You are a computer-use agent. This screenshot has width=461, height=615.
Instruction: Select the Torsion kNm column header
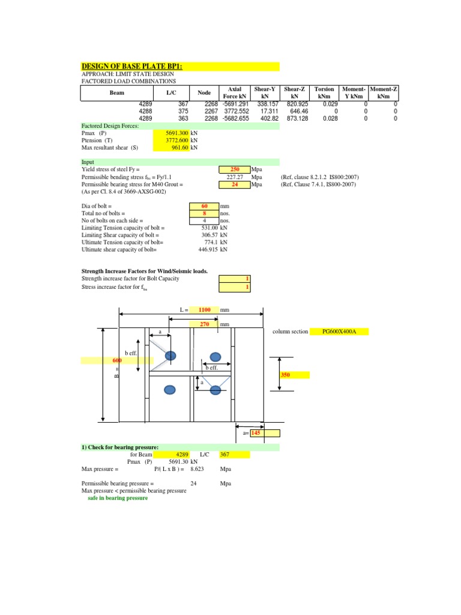pyautogui.click(x=324, y=92)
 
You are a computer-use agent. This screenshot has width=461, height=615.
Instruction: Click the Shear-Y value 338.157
pyautogui.click(x=266, y=104)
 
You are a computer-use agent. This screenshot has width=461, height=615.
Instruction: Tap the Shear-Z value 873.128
pyautogui.click(x=295, y=118)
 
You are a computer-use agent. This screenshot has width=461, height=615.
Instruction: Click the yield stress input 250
pyautogui.click(x=236, y=170)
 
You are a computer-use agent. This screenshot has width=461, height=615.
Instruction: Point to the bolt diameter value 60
pyautogui.click(x=204, y=206)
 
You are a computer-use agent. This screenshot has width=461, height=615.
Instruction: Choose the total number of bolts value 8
pyautogui.click(x=204, y=213)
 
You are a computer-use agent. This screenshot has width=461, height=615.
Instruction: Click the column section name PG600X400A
pyautogui.click(x=339, y=332)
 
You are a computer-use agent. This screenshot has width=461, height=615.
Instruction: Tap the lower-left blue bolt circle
pyautogui.click(x=170, y=390)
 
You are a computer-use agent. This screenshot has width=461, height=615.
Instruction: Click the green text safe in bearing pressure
pyautogui.click(x=118, y=498)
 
